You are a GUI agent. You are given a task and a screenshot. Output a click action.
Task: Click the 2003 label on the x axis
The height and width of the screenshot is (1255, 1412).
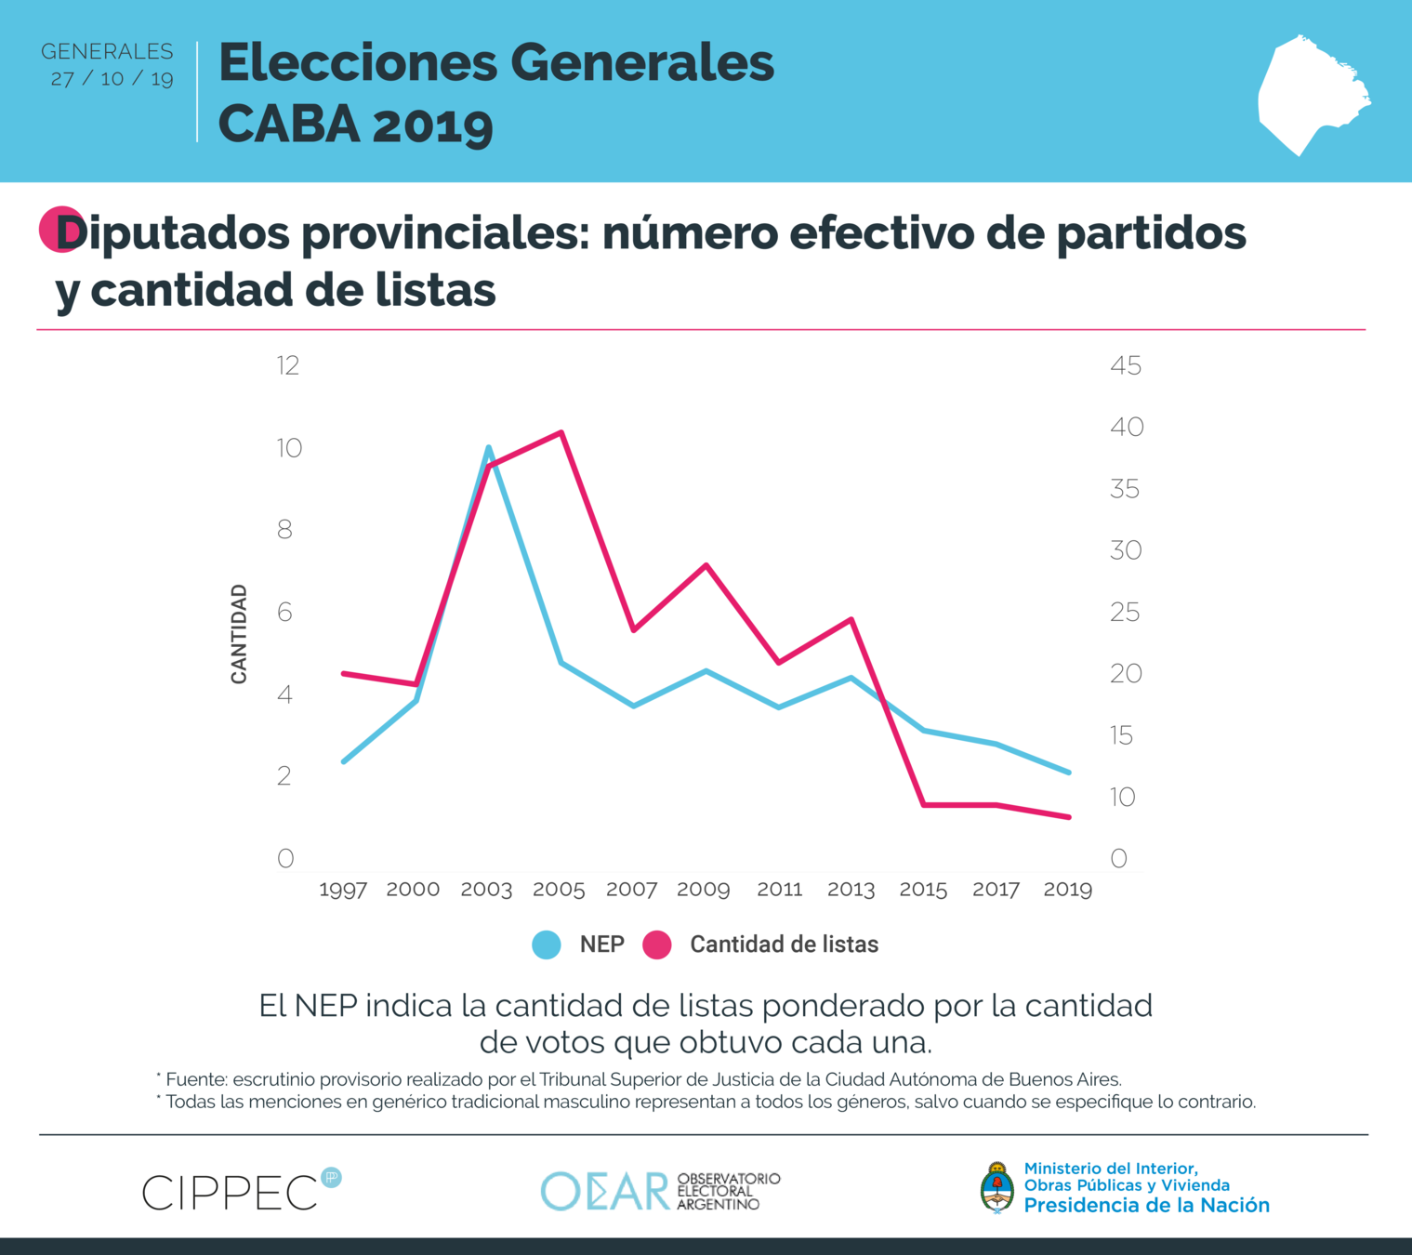(x=486, y=890)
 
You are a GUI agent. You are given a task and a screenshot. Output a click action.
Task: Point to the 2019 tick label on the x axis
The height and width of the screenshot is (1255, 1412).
(x=1067, y=890)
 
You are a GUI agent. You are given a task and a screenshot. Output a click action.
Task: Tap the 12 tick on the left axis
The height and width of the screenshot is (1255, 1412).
(x=288, y=365)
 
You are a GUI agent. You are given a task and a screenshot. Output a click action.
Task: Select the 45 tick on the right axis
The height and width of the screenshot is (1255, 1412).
(x=1126, y=365)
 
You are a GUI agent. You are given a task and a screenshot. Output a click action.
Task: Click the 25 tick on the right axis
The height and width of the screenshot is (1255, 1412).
(x=1125, y=612)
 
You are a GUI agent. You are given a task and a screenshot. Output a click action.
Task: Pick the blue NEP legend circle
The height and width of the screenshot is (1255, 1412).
(x=547, y=945)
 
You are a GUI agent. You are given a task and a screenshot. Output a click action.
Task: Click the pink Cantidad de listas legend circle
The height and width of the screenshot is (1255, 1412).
(x=657, y=945)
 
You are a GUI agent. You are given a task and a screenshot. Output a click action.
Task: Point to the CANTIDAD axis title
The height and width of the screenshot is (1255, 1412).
(x=239, y=634)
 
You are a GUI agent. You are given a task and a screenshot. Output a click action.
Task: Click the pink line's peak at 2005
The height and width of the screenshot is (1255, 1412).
(x=561, y=432)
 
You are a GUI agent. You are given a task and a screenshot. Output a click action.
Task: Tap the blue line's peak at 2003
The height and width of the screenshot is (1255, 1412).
(x=489, y=448)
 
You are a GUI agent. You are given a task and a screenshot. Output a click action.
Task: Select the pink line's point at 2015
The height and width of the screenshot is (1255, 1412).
(x=924, y=804)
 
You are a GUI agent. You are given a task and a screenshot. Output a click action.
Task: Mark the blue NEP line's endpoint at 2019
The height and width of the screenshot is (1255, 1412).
(x=1069, y=772)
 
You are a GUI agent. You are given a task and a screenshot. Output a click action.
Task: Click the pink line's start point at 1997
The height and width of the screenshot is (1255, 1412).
(x=344, y=673)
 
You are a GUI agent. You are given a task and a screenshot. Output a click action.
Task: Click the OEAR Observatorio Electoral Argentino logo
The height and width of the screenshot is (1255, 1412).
(x=660, y=1191)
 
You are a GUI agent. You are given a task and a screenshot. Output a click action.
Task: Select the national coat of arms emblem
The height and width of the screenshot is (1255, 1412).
(x=997, y=1187)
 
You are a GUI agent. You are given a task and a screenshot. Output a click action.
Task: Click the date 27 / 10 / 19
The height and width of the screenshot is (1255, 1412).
(x=112, y=78)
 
